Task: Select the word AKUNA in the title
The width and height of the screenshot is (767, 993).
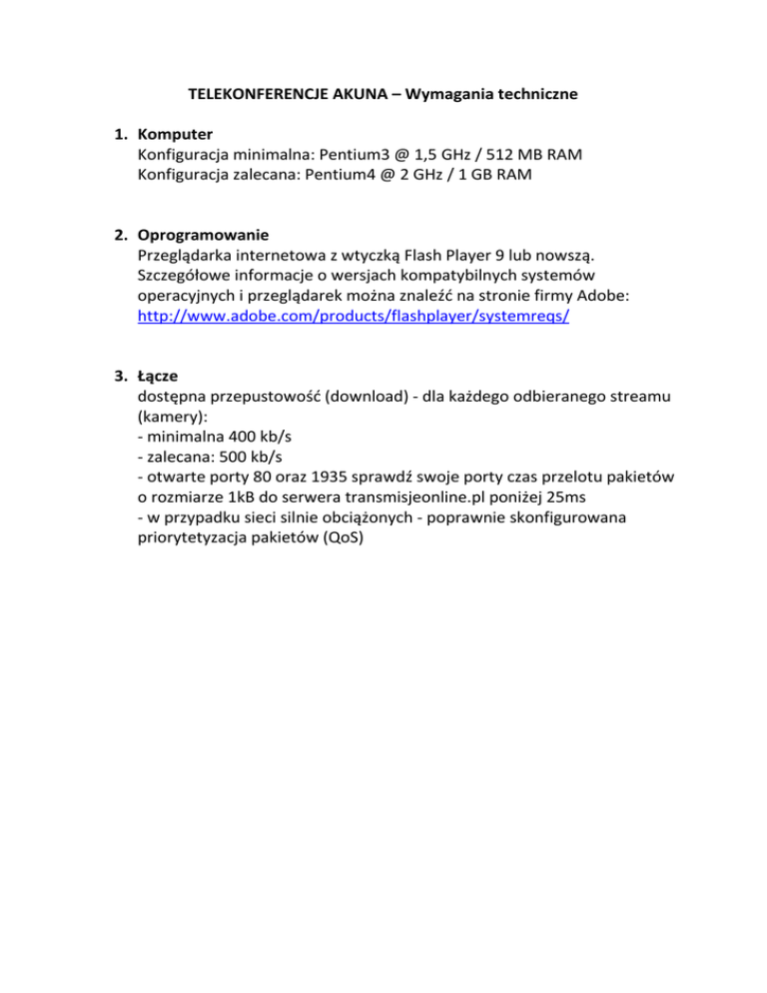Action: point(356,96)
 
